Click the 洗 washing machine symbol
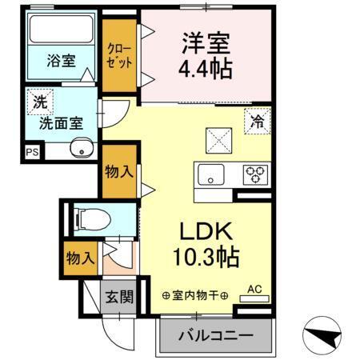38,102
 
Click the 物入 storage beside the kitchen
119,170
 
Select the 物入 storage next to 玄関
81,258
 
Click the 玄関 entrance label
119,298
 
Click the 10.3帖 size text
204,258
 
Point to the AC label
255,289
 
